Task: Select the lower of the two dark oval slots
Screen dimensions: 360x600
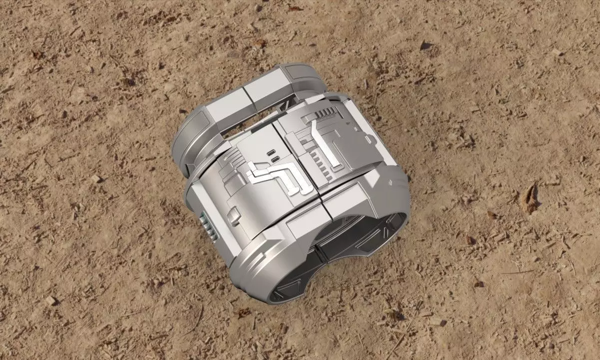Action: coord(274,159)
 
